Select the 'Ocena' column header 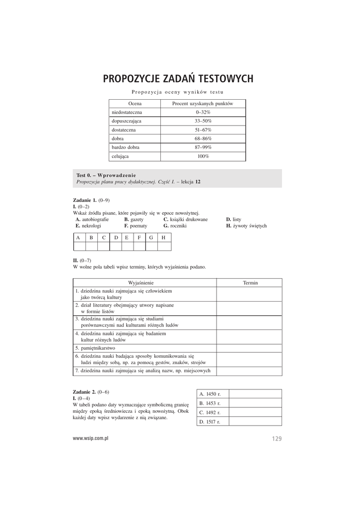(135, 104)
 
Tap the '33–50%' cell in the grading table (203, 121)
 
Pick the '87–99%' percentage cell (203, 147)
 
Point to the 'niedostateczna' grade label (127, 113)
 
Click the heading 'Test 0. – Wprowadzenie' (106, 176)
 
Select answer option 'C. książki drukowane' (185, 219)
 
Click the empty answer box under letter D (116, 246)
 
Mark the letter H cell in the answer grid (164, 238)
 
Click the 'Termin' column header (250, 282)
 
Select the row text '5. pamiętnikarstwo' (97, 348)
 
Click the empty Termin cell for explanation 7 (249, 371)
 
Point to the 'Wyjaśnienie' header (144, 282)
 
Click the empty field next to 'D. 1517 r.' (255, 422)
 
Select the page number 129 (277, 439)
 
